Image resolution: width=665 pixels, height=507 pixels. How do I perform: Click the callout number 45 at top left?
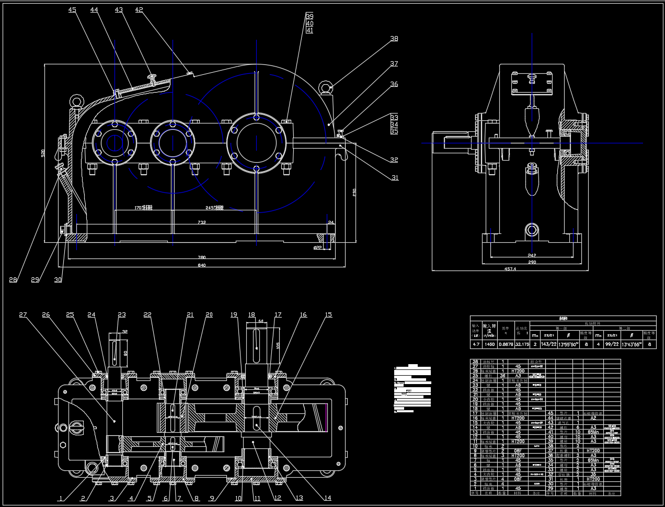pos(72,10)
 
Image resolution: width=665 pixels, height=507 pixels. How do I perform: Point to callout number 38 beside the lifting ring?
pos(394,39)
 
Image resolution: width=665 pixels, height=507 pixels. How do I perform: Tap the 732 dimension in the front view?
pos(202,222)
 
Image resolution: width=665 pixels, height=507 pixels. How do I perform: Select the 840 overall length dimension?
pos(202,265)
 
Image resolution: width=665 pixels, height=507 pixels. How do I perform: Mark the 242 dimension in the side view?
pos(532,255)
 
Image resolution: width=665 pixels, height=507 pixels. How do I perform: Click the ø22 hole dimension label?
pos(317,247)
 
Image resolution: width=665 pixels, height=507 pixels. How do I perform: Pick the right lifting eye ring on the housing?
pos(327,87)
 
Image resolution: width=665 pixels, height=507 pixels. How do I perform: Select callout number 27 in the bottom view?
pos(23,315)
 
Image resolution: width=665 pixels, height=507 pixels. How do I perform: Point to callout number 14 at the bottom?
pos(327,498)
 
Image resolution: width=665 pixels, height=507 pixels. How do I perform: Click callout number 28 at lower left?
pos(13,280)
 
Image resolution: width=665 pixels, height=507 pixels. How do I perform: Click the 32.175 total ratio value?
pos(522,345)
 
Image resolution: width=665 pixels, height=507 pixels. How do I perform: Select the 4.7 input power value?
pos(476,345)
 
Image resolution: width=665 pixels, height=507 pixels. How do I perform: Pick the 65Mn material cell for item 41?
pos(593,432)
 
